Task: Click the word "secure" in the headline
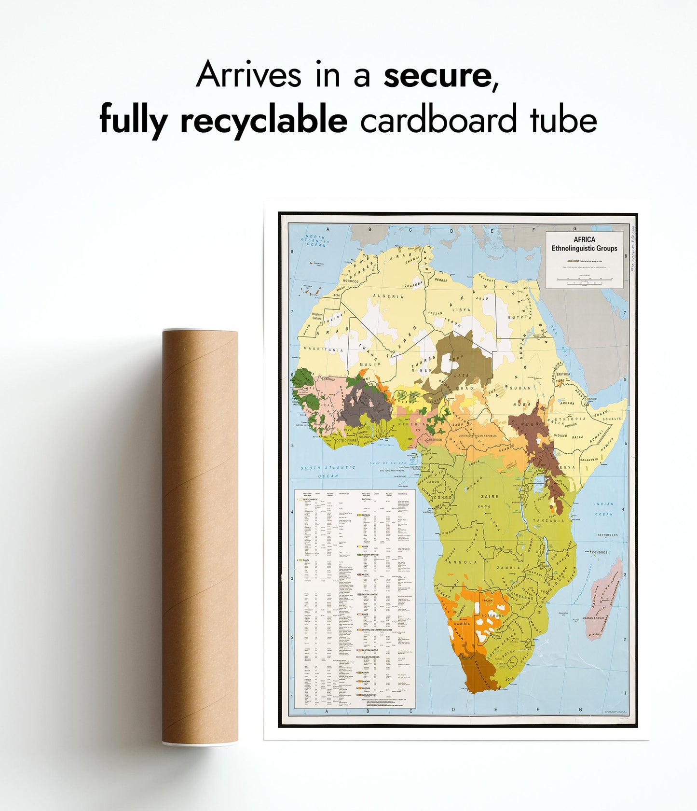click(x=436, y=75)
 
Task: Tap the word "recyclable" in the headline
click(x=263, y=120)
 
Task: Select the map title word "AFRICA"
click(x=584, y=239)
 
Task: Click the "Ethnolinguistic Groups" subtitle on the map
click(x=584, y=249)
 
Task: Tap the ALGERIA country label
click(x=391, y=296)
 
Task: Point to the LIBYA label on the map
click(x=461, y=310)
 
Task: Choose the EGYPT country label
click(x=518, y=317)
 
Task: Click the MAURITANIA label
click(x=324, y=350)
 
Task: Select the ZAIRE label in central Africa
click(x=490, y=496)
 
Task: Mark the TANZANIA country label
click(x=548, y=520)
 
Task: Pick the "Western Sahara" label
click(x=317, y=316)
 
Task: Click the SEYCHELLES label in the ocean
click(x=607, y=535)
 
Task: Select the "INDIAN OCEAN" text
click(x=603, y=509)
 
